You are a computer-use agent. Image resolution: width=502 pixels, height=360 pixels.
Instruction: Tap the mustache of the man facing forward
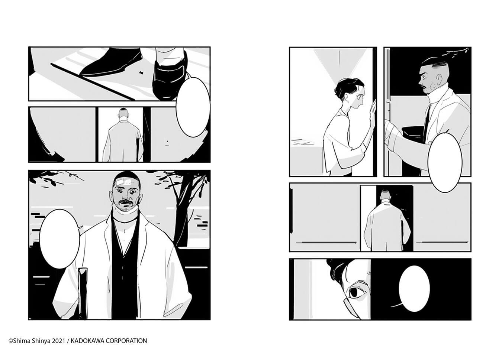pos(126,202)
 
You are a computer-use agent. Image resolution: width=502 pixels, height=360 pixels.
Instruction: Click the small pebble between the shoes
pos(141,72)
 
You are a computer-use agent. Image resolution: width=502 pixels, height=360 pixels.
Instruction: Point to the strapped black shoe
pos(170,78)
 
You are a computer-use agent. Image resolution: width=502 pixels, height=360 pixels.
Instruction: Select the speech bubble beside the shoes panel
pos(193,107)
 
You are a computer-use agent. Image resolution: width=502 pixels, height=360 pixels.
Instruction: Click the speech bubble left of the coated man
pos(59,239)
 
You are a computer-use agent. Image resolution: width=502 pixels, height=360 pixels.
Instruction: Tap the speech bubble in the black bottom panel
pos(414,289)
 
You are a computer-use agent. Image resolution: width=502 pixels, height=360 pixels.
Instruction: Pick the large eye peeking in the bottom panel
pos(356,292)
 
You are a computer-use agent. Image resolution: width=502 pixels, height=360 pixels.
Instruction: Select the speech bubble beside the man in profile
pos(445,162)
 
